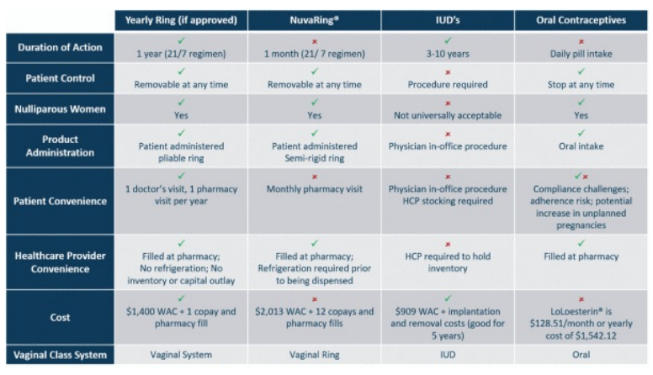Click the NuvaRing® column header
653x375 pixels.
point(315,20)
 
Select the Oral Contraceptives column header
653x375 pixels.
point(581,20)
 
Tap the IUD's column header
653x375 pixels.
point(448,20)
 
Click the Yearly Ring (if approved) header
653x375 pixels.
point(181,20)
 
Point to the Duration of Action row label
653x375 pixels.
point(60,47)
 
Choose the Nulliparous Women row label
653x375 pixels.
point(60,109)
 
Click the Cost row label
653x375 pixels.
point(60,318)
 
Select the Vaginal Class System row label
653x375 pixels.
point(60,355)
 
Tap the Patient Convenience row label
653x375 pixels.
point(60,201)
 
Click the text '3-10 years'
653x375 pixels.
point(448,54)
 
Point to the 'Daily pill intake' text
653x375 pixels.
point(581,54)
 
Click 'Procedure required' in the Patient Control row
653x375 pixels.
point(448,84)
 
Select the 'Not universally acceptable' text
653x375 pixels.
point(448,115)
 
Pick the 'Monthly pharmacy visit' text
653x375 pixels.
point(315,189)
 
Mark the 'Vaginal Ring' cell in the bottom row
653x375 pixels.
point(315,355)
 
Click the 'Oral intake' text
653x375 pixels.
point(581,146)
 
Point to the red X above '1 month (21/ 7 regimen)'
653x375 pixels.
point(315,42)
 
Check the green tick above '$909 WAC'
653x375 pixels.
point(448,298)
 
